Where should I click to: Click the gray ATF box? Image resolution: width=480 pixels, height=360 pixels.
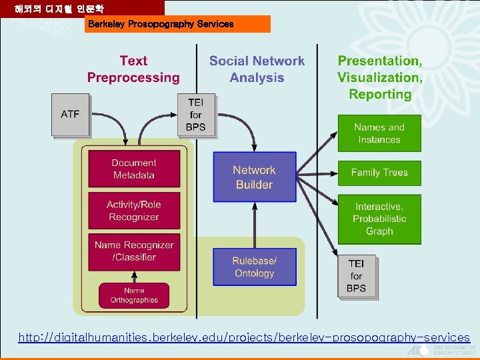70,115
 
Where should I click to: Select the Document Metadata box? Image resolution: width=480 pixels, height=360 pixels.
134,169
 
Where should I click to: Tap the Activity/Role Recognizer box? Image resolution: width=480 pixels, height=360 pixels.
134,211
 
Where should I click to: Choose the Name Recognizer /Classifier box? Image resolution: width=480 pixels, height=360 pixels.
134,251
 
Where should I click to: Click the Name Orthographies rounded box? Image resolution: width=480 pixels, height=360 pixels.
134,295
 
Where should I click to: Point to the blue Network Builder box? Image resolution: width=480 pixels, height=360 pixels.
254,177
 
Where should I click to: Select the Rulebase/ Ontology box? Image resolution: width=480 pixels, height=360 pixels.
254,267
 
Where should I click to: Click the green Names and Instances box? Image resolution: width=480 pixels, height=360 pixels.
379,133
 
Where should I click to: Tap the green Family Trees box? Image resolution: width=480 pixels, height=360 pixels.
379,173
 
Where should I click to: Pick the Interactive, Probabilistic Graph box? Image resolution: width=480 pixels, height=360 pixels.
379,219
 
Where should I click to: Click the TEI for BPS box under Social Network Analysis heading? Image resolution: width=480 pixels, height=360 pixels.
196,115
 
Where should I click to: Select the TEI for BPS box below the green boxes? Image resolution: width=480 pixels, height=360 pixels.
357,276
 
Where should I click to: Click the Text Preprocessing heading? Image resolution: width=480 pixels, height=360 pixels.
133,69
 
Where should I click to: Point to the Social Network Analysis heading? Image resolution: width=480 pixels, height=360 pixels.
257,69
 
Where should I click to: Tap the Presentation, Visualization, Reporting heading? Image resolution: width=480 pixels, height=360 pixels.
379,77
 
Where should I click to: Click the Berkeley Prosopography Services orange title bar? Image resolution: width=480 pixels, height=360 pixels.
178,24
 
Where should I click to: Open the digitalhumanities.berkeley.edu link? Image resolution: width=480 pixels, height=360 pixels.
244,338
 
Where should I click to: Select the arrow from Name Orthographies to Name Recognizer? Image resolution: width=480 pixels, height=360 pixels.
134,277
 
